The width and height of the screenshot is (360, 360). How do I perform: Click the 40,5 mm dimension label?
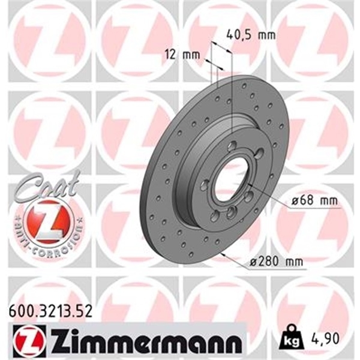coord(251,35)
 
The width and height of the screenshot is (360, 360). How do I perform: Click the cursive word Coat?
coord(48,184)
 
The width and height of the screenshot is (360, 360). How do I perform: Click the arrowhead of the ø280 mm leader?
coord(222,255)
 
